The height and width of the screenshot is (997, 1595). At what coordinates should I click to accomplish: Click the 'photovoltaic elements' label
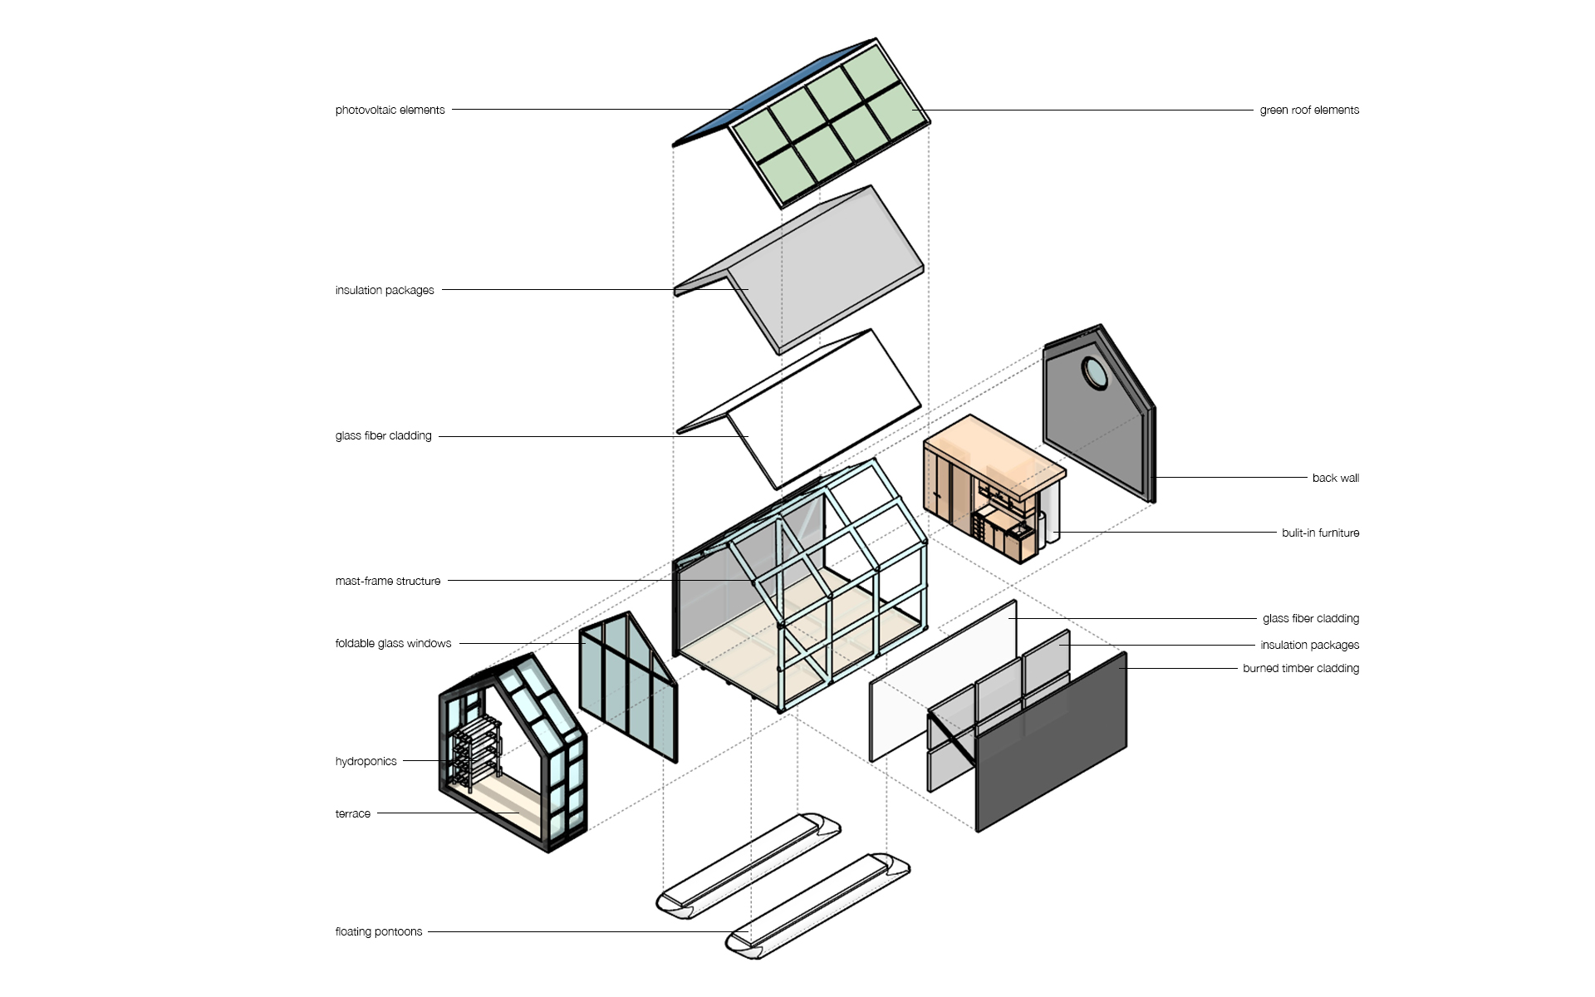390,110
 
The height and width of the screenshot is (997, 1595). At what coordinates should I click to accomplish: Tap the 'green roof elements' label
1309,110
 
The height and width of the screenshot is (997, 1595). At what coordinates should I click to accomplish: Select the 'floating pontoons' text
379,931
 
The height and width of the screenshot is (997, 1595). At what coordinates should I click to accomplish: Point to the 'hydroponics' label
366,761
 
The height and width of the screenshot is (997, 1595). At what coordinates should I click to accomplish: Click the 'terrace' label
352,813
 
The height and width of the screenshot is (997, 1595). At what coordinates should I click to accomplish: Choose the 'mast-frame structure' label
388,581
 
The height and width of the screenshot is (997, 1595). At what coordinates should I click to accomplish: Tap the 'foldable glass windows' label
393,643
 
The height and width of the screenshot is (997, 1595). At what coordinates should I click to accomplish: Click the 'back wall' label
1336,478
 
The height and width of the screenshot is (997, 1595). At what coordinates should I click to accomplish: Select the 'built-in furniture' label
1320,533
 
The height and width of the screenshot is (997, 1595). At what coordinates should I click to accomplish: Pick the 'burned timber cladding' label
1301,668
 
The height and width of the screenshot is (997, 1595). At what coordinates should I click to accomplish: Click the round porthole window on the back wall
1094,373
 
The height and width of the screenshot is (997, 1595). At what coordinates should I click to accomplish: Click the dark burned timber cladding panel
1051,742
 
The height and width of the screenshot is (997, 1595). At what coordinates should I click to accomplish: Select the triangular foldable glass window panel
628,687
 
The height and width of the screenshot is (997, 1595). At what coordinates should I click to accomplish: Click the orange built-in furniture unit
993,490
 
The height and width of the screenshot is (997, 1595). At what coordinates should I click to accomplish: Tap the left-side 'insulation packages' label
385,290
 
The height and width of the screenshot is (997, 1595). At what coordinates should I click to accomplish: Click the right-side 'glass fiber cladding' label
1311,618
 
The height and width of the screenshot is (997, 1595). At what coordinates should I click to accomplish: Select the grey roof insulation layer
797,270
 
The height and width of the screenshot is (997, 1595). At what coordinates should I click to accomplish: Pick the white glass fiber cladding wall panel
943,680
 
